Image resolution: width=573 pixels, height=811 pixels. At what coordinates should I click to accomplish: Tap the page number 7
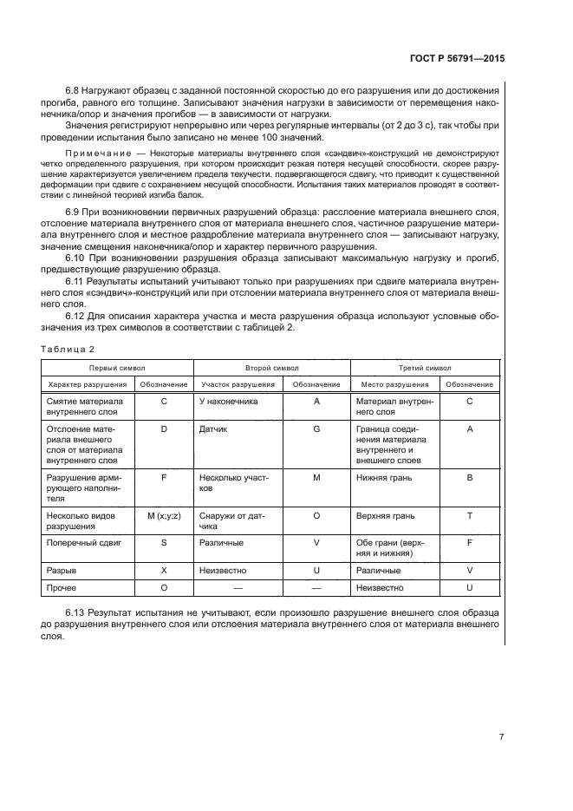pos(501,737)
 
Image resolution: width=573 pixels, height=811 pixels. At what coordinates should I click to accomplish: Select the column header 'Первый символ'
pos(116,367)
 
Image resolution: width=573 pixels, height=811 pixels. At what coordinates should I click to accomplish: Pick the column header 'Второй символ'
pos(270,367)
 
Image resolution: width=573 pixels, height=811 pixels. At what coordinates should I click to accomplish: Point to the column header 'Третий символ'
pos(425,367)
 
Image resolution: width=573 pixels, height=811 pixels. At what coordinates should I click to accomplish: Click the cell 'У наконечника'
pos(225,402)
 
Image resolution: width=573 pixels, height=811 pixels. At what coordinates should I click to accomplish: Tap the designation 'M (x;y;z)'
pos(163,515)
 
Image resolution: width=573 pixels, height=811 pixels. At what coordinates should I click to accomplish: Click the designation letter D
pos(163,428)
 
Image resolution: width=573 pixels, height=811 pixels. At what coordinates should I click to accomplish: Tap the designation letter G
pos(316,428)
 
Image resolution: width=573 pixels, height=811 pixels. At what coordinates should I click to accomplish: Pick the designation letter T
pos(469,515)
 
